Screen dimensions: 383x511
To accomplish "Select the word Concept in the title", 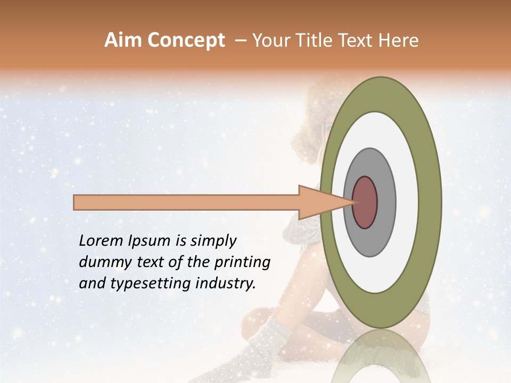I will pyautogui.click(x=186, y=40).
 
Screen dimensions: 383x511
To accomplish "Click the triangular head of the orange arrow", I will pyautogui.click(x=319, y=203).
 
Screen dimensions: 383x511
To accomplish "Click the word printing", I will pyautogui.click(x=243, y=263).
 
